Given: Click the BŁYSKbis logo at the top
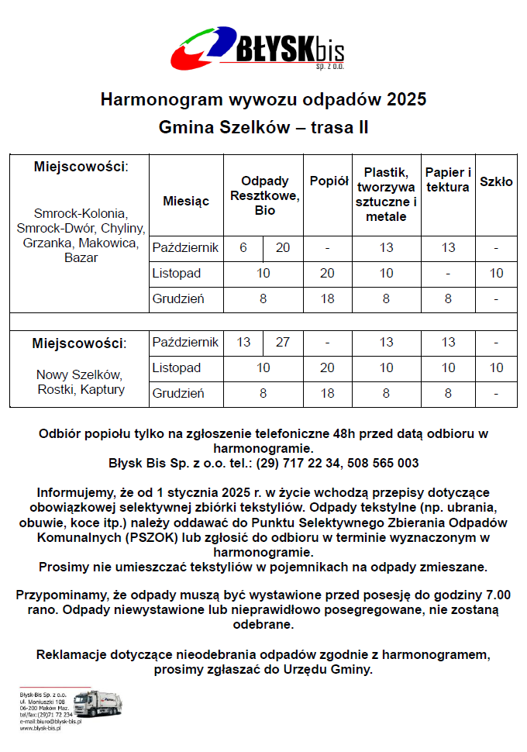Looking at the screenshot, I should [x=257, y=48].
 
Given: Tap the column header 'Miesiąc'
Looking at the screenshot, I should [x=186, y=201].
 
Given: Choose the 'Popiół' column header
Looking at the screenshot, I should [x=329, y=181].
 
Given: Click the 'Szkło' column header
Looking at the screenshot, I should [x=496, y=182].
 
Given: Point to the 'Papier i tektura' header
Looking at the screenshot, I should [x=447, y=180].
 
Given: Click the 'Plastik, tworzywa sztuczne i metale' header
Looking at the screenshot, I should [x=386, y=194].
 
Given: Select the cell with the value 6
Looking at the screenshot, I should [x=243, y=248].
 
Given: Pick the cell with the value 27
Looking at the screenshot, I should [x=283, y=342].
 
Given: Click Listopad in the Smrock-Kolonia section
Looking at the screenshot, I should [x=177, y=274].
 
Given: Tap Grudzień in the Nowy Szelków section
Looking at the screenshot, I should [x=178, y=393].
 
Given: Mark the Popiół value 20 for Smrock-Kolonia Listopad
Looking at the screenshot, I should [x=328, y=274].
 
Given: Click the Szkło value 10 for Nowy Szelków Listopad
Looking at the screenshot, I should [x=496, y=367].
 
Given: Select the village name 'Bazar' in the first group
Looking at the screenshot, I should [x=81, y=257].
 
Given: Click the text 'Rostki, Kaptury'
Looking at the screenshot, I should [x=81, y=389].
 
